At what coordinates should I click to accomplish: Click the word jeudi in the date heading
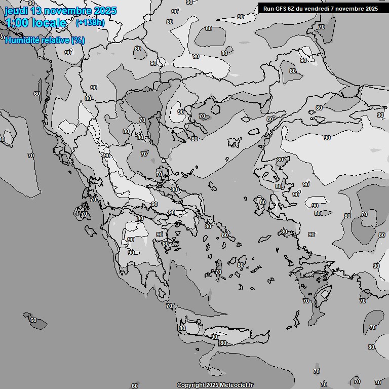(17, 11)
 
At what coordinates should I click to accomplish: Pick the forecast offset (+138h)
(90, 23)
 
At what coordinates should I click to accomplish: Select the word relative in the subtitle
(54, 41)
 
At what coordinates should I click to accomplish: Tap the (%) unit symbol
(78, 41)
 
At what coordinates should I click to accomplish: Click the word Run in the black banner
(268, 9)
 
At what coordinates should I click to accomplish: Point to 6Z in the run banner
(293, 9)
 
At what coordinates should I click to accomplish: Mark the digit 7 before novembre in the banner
(336, 9)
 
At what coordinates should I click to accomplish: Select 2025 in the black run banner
(371, 9)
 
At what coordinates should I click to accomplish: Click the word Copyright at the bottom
(191, 385)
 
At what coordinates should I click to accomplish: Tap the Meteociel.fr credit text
(237, 385)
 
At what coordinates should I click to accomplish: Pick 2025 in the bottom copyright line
(213, 385)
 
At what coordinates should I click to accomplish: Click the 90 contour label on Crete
(214, 337)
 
